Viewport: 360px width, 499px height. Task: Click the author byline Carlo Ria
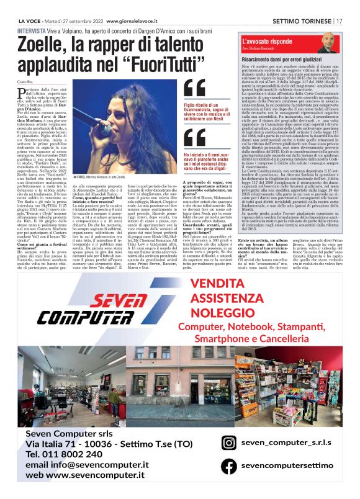pos(25,82)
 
